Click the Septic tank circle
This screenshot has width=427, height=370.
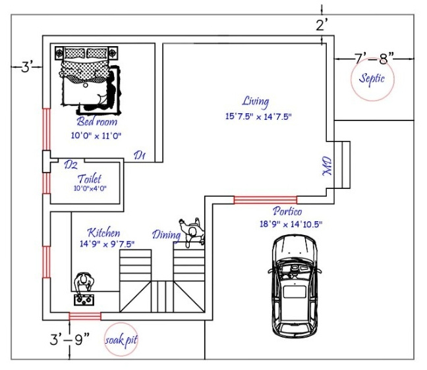click(x=371, y=80)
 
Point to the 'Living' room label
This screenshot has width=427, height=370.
click(x=255, y=101)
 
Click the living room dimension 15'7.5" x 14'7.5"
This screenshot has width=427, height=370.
click(x=258, y=116)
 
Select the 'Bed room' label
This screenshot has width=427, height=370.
click(x=97, y=122)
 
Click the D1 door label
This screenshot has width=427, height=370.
click(x=140, y=155)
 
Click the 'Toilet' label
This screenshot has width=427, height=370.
click(x=90, y=178)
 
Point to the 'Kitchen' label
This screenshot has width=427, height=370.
click(x=104, y=233)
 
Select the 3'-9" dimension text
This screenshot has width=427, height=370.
click(x=70, y=341)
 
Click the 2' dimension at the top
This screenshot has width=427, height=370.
click(x=322, y=27)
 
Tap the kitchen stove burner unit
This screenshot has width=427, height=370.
click(x=84, y=300)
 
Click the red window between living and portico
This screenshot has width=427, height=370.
click(x=265, y=199)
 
